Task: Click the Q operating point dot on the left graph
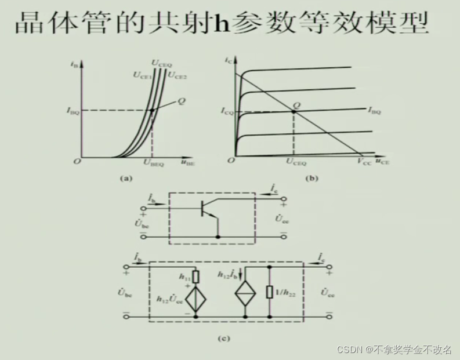pos(152,110)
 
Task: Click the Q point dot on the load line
pos(294,111)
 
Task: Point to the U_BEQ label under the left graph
pos(154,164)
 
